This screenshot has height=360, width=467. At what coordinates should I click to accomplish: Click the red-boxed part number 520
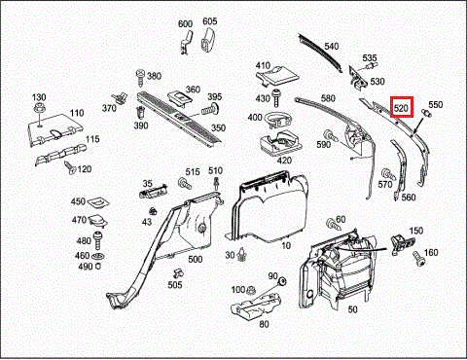[x=402, y=107]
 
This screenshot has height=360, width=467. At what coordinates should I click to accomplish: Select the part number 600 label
[x=185, y=23]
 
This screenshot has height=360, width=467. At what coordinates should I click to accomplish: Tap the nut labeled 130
[x=39, y=108]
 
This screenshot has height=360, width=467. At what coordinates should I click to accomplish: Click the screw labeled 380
[x=140, y=78]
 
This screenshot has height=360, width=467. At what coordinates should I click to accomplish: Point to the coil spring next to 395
[x=209, y=109]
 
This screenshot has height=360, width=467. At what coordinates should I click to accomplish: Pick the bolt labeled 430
[x=276, y=97]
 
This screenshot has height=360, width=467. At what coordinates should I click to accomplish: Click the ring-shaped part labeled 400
[x=278, y=119]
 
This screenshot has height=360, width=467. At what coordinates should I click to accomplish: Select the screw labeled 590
[x=331, y=135]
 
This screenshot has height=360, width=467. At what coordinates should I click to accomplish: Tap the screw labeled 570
[x=388, y=174]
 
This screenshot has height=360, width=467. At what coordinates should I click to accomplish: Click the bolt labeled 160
[x=417, y=259]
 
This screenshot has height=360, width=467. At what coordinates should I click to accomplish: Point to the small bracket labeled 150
[x=403, y=244]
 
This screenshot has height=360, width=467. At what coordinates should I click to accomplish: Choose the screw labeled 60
[x=334, y=224]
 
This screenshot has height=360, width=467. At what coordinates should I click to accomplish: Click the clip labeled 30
[x=240, y=254]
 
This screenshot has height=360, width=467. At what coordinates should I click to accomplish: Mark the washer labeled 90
[x=282, y=281]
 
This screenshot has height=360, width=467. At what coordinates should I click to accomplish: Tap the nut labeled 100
[x=250, y=289]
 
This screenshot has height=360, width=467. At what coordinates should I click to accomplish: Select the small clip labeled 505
[x=178, y=272]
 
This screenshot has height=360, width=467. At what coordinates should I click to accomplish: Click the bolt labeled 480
[x=98, y=240]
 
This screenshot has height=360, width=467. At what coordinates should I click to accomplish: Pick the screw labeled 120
[x=70, y=167]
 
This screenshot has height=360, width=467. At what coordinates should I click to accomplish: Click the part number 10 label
[x=286, y=245]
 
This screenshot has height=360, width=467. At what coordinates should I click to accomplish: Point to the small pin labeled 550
[x=426, y=113]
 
